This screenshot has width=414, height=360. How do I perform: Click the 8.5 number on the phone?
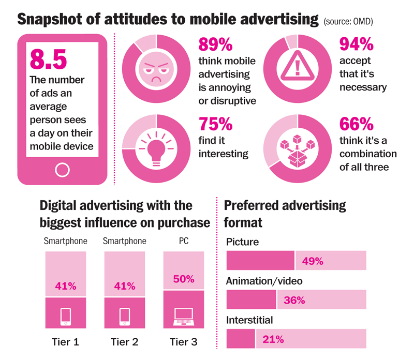click(48, 59)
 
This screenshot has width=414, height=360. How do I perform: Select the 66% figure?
click(357, 125)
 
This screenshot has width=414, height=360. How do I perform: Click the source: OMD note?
click(348, 21)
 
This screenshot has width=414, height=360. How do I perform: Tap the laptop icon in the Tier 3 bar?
click(184, 316)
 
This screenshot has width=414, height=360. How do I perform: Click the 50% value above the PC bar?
click(184, 279)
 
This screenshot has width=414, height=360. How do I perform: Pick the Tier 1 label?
click(66, 342)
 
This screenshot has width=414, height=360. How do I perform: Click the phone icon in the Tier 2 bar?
click(125, 316)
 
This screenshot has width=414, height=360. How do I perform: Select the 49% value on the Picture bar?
click(313, 261)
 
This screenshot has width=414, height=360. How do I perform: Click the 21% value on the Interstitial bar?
click(273, 339)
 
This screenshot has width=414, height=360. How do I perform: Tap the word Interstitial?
click(249, 321)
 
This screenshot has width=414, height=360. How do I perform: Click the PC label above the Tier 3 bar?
click(184, 241)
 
